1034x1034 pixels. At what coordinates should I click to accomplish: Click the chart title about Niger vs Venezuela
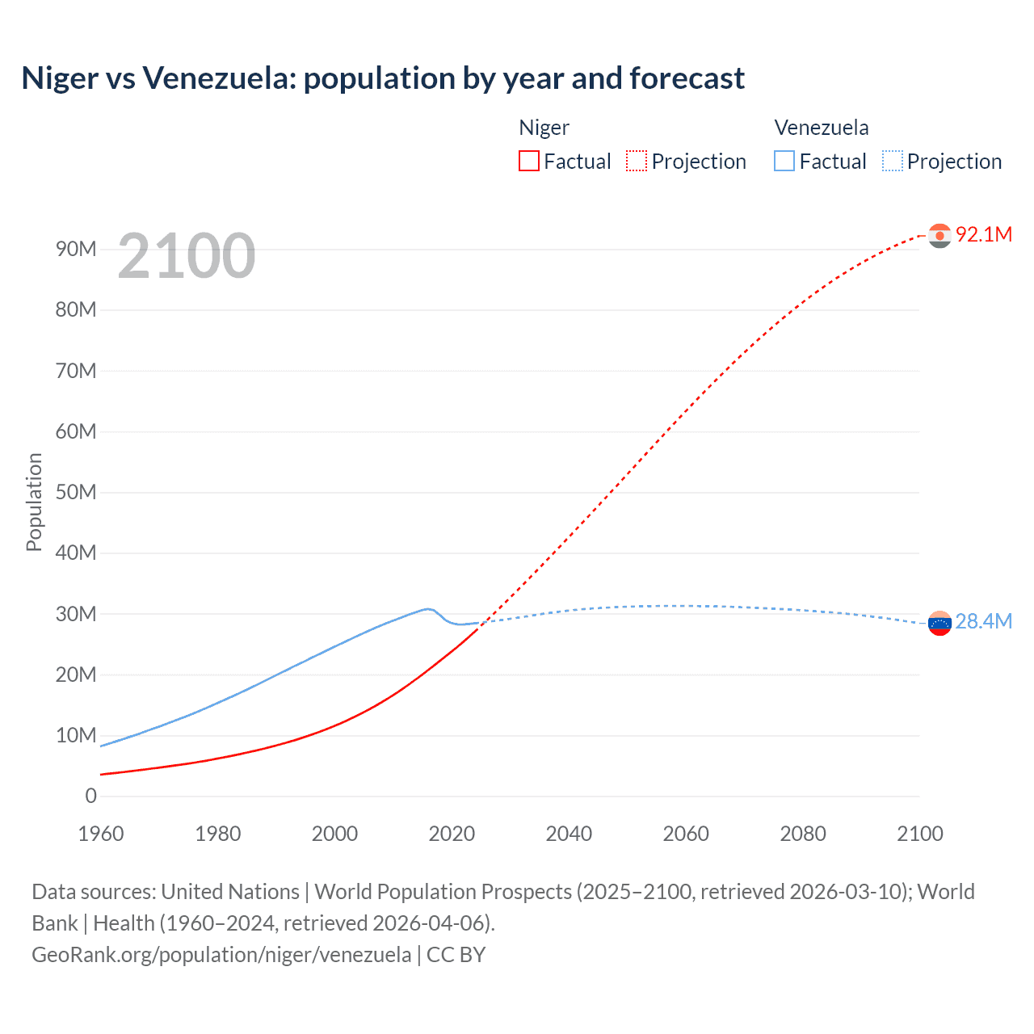click(x=383, y=78)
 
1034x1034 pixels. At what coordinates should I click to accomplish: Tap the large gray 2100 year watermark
click(x=187, y=256)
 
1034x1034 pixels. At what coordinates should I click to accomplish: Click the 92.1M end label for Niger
click(x=983, y=234)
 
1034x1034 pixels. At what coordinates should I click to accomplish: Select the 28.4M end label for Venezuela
click(x=983, y=621)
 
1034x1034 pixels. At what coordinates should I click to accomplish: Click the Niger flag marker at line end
click(x=939, y=235)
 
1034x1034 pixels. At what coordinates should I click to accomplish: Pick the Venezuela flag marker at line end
click(x=939, y=623)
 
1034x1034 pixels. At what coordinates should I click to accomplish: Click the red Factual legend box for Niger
click(x=528, y=161)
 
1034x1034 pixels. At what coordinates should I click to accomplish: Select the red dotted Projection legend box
click(x=637, y=161)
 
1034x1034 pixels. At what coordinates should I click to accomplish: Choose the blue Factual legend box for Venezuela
click(x=784, y=161)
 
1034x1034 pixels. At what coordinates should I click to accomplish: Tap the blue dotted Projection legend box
click(x=893, y=161)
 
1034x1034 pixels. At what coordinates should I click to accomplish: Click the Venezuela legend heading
click(x=821, y=128)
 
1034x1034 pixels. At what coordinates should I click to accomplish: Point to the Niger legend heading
click(x=544, y=128)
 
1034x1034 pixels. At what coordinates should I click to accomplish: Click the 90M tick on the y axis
click(x=76, y=249)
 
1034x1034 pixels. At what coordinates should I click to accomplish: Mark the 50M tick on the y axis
click(x=76, y=492)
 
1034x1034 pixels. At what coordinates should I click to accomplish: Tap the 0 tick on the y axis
click(x=90, y=796)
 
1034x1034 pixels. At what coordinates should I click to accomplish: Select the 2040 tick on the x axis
click(x=569, y=834)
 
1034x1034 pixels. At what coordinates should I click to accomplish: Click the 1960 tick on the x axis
click(x=101, y=834)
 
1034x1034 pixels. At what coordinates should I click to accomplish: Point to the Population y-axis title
click(x=34, y=502)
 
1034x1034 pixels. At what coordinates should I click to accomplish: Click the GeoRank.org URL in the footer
click(x=221, y=955)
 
